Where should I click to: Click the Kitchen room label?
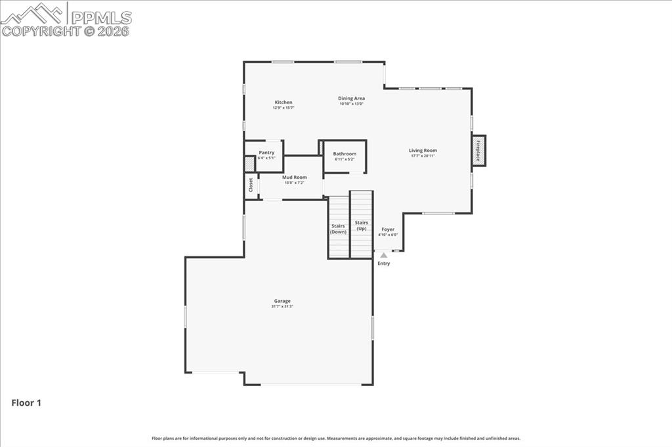283,102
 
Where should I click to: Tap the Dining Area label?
352,98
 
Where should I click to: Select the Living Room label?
423,150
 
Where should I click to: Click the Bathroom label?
345,154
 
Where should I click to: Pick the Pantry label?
266,152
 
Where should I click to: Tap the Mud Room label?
295,177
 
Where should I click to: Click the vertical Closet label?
251,185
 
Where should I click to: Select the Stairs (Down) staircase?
339,229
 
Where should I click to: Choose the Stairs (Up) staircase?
362,225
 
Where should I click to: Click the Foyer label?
388,229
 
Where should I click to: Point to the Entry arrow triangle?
384,255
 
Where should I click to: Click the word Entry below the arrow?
384,263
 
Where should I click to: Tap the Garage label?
283,301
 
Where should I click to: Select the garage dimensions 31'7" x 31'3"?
283,306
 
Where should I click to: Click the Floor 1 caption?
26,403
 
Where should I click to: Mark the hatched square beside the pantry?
249,164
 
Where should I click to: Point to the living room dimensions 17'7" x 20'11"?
423,155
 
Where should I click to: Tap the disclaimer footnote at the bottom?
336,438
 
